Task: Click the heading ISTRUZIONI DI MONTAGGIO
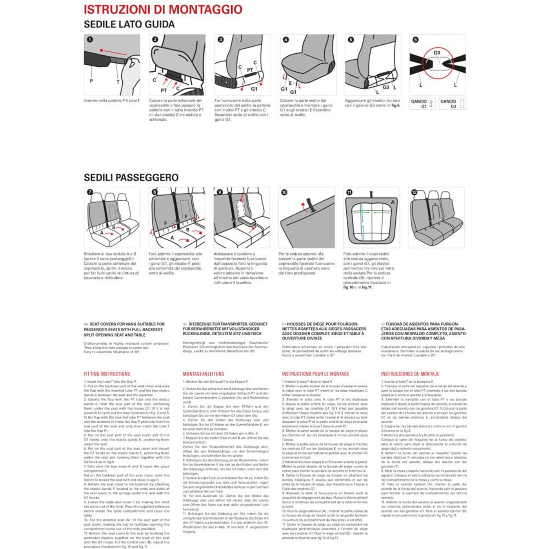(163, 9)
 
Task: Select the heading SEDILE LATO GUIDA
(129, 24)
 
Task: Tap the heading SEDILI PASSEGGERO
(131, 178)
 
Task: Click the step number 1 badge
(90, 40)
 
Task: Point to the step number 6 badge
(415, 40)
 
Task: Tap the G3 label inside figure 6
(437, 53)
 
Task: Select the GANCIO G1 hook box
(422, 104)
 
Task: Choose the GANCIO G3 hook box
(452, 104)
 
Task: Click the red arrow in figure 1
(113, 52)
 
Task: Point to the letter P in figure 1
(91, 81)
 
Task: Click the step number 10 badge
(284, 192)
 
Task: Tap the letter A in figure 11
(393, 202)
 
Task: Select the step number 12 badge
(414, 192)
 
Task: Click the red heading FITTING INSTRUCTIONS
(107, 374)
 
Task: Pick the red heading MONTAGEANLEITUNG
(204, 374)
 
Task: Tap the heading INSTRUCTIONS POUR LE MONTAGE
(315, 374)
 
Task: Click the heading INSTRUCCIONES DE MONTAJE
(410, 374)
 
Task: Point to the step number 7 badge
(90, 192)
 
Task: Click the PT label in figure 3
(250, 70)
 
